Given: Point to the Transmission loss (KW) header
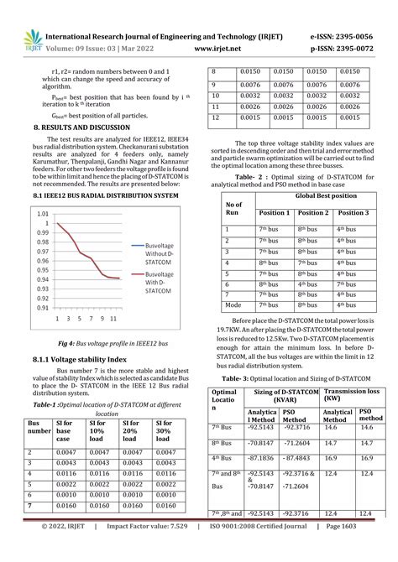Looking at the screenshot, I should point(348,396).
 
